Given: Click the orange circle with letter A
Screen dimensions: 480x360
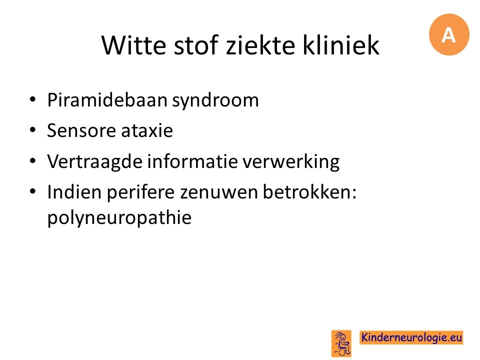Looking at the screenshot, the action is (x=449, y=34).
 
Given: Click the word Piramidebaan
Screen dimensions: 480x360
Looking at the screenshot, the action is (x=107, y=100).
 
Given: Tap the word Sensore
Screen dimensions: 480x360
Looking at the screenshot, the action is (x=81, y=130).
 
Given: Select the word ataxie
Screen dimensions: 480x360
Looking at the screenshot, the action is (x=147, y=130).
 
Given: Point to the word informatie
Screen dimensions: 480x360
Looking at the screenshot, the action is (x=192, y=161).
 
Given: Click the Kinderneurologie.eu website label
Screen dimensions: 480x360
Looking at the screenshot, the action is (x=411, y=337).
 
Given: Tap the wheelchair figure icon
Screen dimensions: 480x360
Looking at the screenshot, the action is (x=341, y=343).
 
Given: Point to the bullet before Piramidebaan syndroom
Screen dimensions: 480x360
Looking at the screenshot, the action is (x=33, y=99).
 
